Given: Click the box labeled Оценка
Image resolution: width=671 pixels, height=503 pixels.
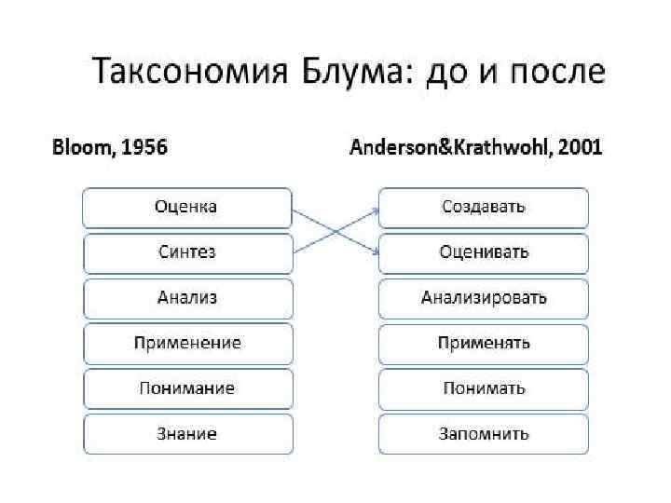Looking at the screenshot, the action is pos(187,208).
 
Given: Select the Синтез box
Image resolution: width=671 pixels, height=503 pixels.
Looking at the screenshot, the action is pos(187,252).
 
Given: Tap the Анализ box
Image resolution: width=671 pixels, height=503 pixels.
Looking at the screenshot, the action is pos(187,298).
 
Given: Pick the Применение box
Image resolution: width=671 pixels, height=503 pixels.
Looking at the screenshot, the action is pos(187,343).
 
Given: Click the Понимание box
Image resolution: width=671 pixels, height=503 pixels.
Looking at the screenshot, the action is pos(187,388).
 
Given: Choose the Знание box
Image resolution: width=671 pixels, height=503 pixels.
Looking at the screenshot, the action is pos(187,433).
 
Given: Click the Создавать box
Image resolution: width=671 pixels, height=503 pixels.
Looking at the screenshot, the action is pos(484,208).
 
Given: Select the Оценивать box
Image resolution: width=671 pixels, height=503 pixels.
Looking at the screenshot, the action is pos(484,252).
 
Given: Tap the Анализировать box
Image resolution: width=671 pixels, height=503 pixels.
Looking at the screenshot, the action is pos(484,298).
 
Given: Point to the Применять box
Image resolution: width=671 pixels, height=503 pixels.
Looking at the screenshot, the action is pos(484,343).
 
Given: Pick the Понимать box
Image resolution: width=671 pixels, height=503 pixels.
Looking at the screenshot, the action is pos(484,388).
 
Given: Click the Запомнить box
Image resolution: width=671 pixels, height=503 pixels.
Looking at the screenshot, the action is pos(484,433).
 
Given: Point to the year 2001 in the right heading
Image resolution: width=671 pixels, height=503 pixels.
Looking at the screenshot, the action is pos(579,147).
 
